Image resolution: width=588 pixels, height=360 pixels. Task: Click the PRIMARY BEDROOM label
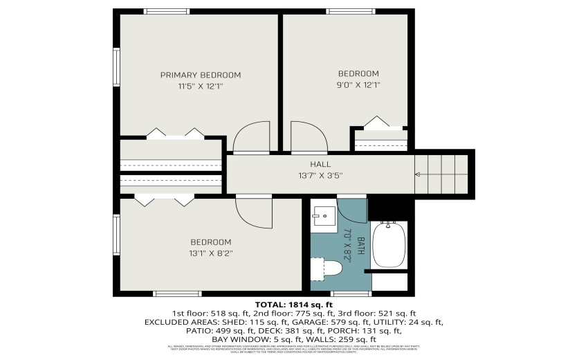pos(201,75)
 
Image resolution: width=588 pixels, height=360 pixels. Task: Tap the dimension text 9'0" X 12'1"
pos(358,85)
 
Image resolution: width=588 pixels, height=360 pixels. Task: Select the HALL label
pos(320,164)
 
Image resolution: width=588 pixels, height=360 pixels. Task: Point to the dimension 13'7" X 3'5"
pos(320,174)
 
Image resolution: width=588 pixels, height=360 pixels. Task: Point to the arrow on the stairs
pos(418,174)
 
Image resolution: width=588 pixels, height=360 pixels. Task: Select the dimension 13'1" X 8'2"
pos(210,253)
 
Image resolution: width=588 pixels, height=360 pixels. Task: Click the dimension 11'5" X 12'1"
pos(201,87)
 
